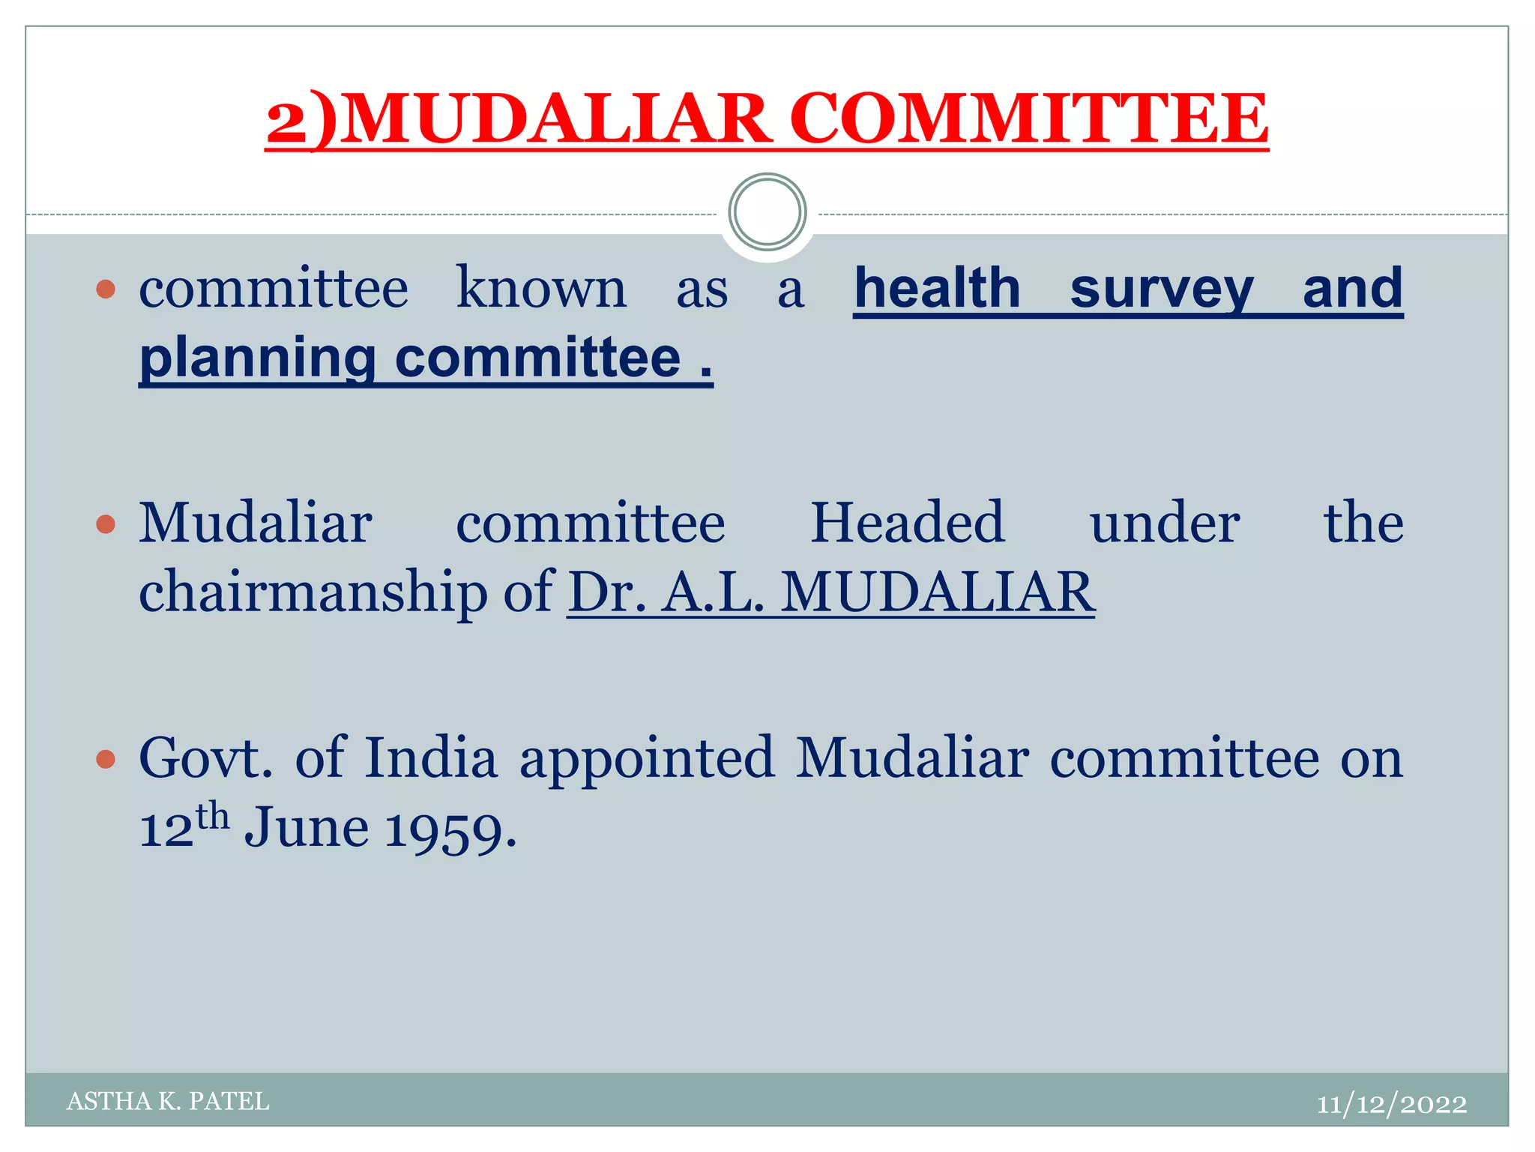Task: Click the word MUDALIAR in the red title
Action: coord(558,119)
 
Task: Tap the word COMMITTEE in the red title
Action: coord(1028,119)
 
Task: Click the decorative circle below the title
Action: coord(767,212)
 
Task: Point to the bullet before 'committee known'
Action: coord(106,289)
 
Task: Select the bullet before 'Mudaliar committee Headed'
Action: coord(106,523)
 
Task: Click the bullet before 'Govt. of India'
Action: coord(106,759)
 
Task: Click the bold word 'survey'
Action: coord(1162,289)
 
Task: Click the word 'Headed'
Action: coord(908,523)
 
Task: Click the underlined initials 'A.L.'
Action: coord(714,592)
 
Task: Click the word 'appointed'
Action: coord(647,760)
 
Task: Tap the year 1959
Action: coord(450,830)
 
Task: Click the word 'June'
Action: coord(307,829)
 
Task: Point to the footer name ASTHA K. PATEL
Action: coord(168,1101)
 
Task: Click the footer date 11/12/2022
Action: coord(1392,1104)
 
